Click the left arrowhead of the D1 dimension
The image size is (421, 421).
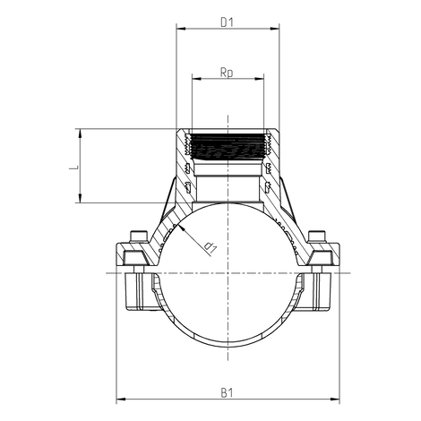pyautogui.click(x=180, y=29)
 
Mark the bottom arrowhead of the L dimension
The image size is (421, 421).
pyautogui.click(x=82, y=201)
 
